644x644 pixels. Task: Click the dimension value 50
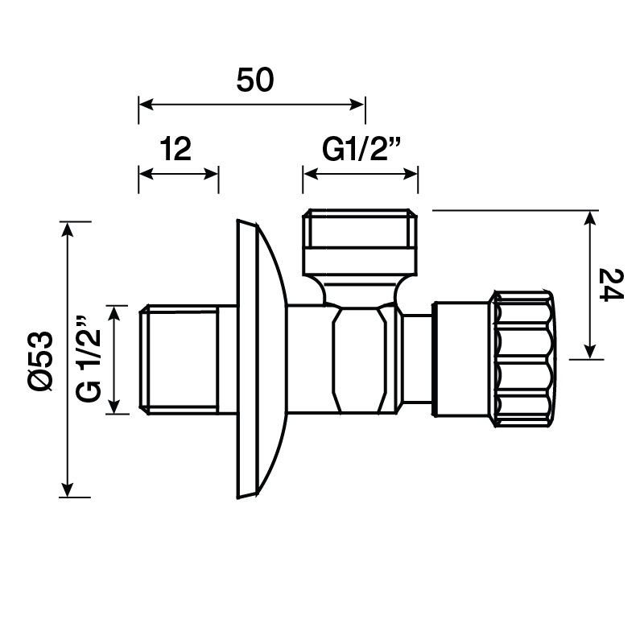[x=254, y=80]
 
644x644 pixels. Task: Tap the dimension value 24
[x=611, y=285]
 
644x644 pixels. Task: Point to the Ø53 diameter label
[x=41, y=361]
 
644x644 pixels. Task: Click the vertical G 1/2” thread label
[x=89, y=358]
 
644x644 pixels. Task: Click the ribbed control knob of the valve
[x=524, y=359]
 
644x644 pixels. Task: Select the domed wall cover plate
[x=259, y=359]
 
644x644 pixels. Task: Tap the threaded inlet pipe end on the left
[x=179, y=359]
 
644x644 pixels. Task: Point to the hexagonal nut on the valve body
[x=359, y=359]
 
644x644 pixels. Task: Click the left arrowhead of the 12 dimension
[x=147, y=174]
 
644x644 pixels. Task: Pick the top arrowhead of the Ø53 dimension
[x=67, y=229]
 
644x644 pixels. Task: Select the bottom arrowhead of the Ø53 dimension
[x=67, y=489]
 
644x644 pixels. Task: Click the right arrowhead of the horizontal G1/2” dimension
[x=410, y=174]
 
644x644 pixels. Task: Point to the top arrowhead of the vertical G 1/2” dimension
[x=114, y=313]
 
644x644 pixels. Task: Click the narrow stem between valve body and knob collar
[x=416, y=359]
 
